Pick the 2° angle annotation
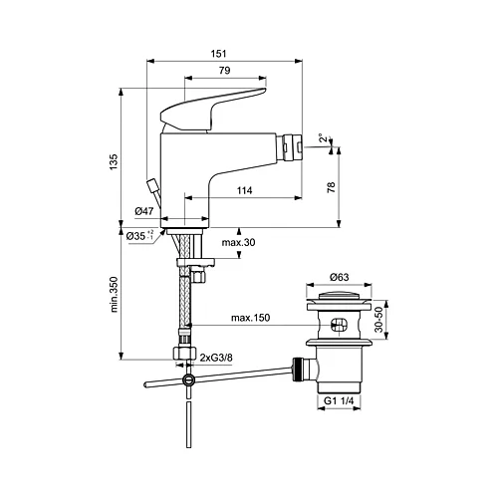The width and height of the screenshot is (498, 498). (x=321, y=138)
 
